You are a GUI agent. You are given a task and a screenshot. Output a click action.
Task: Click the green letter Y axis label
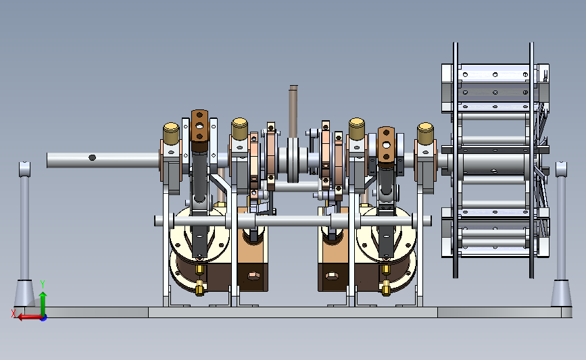click(x=42, y=284)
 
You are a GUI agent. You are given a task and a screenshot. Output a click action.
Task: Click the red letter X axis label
click(x=14, y=313)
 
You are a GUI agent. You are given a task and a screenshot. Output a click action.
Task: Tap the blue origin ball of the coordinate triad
click(x=44, y=318)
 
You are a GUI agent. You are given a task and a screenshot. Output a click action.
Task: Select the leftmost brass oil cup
click(x=171, y=134)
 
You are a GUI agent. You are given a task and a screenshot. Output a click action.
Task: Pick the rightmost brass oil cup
click(x=425, y=134)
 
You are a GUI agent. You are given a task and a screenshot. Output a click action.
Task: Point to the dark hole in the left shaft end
click(x=93, y=157)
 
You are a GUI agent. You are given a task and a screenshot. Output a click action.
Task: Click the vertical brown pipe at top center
click(x=293, y=111)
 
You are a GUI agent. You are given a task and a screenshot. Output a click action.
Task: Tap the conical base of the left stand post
click(x=24, y=294)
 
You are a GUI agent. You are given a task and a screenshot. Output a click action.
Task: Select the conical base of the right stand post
click(x=562, y=294)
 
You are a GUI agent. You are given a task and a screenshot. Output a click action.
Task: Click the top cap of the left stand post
click(x=24, y=169)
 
